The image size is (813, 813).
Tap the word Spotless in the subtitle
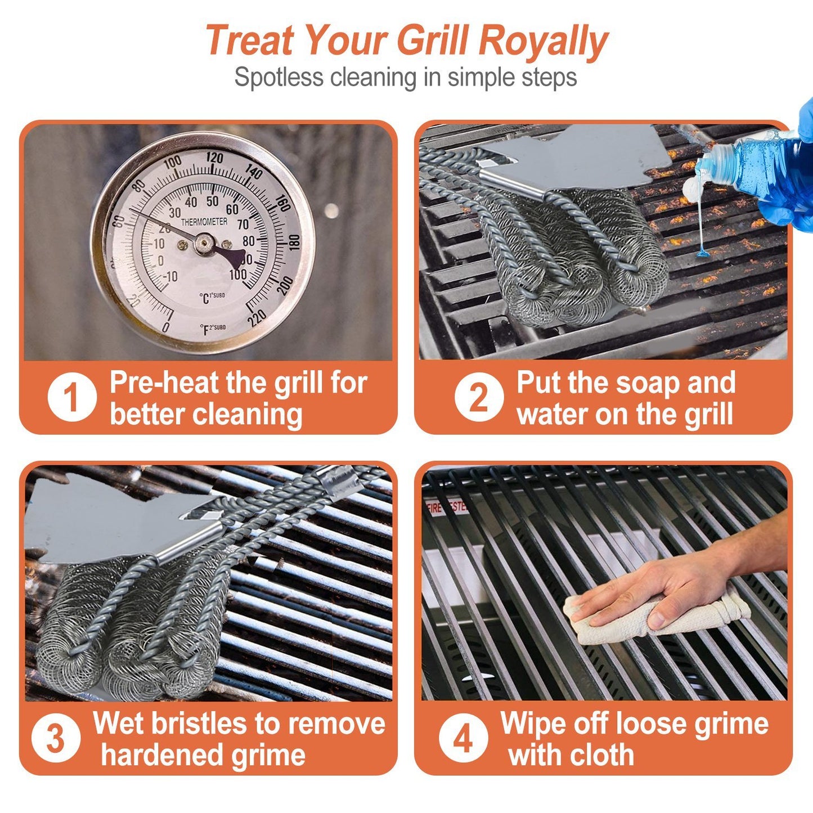[x=279, y=77]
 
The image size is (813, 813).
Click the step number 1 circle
[x=71, y=398]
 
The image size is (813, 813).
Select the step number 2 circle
[x=479, y=397]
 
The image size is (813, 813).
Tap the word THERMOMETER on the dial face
[x=204, y=222]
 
